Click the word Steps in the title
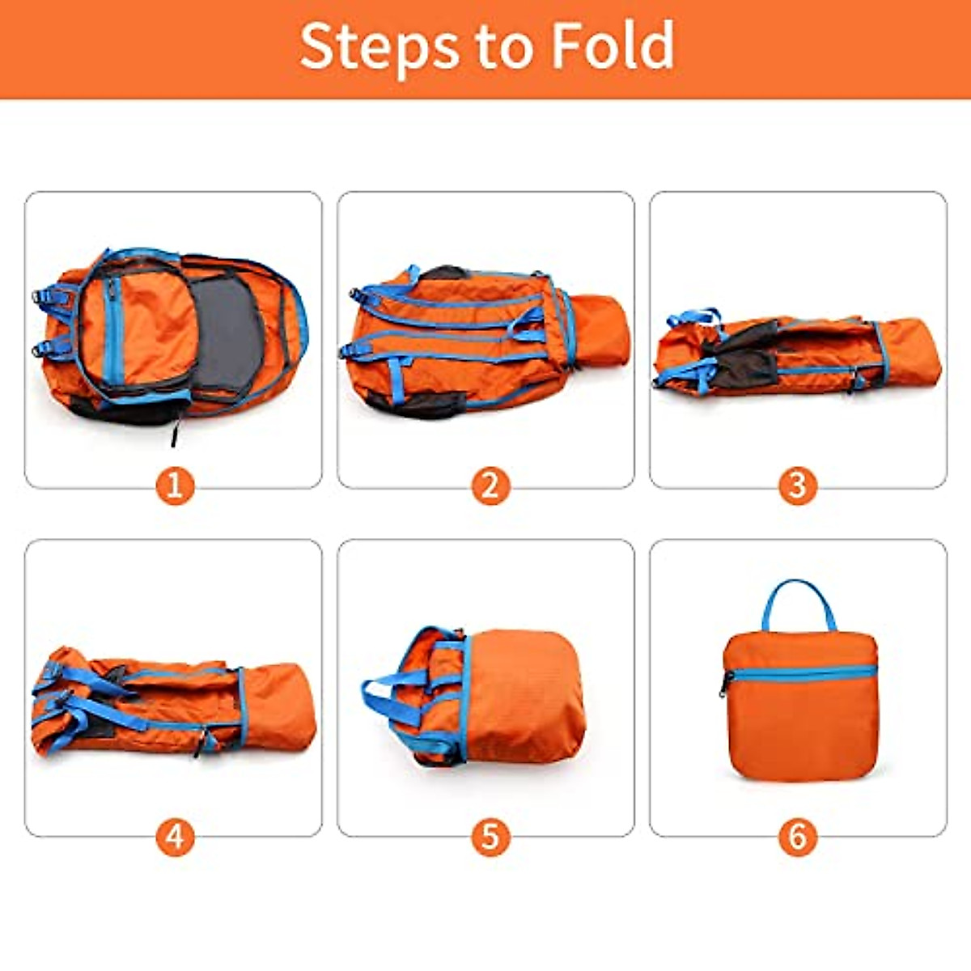(379, 47)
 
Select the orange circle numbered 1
(175, 485)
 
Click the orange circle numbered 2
(490, 485)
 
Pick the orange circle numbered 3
(798, 485)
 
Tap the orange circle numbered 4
(175, 836)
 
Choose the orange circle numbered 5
(490, 836)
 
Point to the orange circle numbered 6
(798, 836)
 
